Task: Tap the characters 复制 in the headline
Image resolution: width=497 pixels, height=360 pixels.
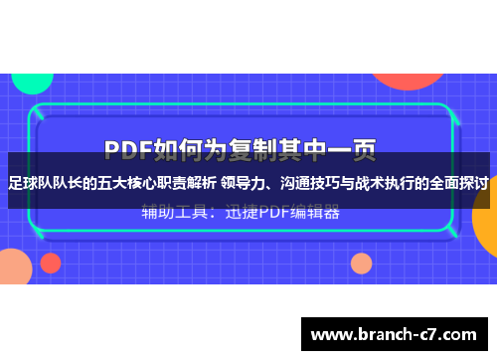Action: click(x=252, y=149)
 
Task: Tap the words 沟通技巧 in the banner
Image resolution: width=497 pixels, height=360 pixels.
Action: click(x=312, y=183)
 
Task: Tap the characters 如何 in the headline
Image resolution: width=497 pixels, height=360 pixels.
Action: click(x=186, y=149)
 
